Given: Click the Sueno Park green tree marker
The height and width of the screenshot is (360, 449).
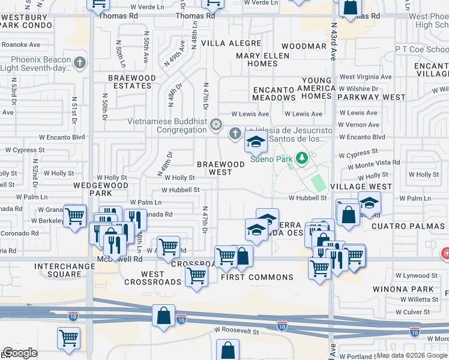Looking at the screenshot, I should coord(303,158).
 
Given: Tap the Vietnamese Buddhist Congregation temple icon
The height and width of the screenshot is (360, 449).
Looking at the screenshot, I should coord(216,125).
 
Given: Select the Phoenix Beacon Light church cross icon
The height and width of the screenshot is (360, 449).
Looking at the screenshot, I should coord(79,62).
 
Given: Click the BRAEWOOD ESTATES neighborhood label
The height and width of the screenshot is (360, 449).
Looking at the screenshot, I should coord(132,82).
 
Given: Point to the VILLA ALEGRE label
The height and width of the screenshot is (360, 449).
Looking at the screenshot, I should coord(231,43).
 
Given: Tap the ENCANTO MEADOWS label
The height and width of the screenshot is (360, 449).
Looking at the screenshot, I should coord(274,93).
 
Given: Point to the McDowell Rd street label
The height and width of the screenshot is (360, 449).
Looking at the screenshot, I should coord(120,259).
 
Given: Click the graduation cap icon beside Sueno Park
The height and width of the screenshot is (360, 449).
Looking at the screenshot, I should coord(256,143).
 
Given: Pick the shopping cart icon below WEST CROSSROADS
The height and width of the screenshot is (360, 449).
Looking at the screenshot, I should coord(196,277).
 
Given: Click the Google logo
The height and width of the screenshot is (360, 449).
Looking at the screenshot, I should coord(20,353).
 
